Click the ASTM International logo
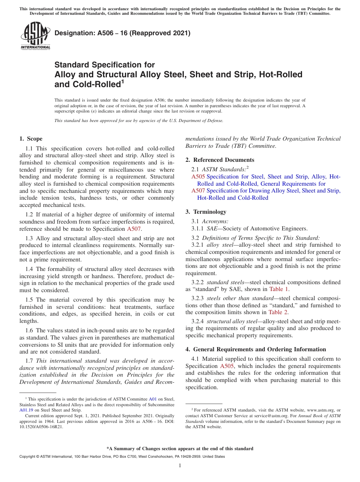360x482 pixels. point(35,36)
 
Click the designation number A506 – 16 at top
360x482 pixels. point(122,33)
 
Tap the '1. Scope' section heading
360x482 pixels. point(31,139)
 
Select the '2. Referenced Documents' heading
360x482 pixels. point(220,160)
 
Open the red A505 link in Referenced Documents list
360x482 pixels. point(198,177)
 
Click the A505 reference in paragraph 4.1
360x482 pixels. point(227,366)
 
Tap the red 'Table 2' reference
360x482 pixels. point(278,312)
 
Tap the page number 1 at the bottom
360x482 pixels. point(180,466)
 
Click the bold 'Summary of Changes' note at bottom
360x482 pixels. point(180,449)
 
